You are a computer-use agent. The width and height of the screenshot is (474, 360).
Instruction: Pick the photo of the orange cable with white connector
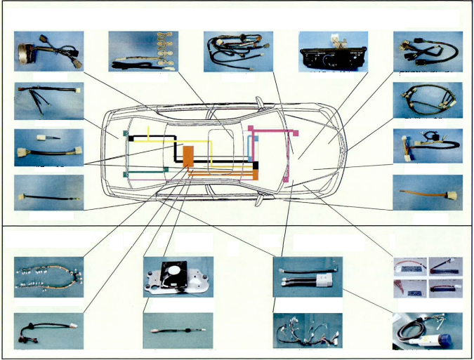pos(427,192)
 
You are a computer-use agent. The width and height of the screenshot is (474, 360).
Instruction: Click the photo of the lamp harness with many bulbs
pos(48,276)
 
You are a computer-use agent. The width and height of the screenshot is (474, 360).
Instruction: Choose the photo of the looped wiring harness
pos(427,100)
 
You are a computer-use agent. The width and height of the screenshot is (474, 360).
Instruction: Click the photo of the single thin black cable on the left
pos(48,192)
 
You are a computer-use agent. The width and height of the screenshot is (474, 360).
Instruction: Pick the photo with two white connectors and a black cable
pos(48,147)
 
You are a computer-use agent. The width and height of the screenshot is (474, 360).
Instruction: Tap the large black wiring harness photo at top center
pos(237,51)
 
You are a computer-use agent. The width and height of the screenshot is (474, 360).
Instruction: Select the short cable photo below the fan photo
pos(178,330)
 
